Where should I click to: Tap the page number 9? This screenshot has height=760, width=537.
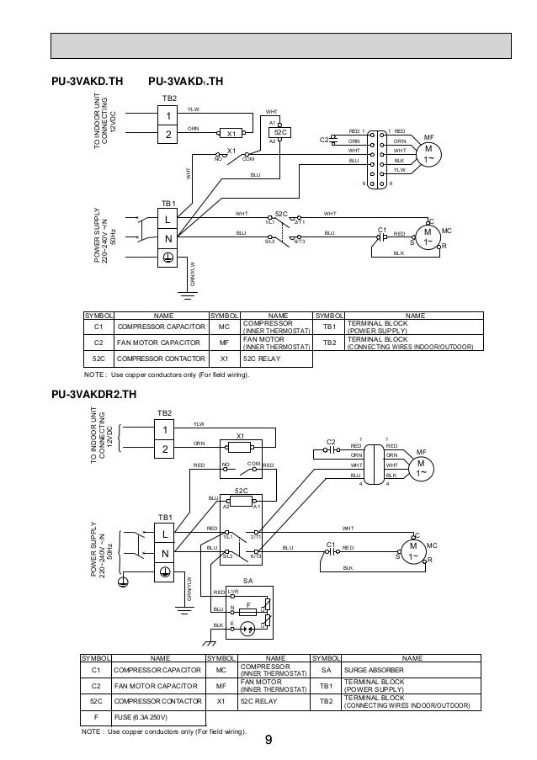click(268, 741)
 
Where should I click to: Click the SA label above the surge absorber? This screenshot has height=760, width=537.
click(247, 581)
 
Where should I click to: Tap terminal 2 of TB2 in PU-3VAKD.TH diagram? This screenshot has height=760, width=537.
click(168, 134)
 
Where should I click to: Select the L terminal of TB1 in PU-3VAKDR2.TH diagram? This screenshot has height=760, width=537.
click(165, 534)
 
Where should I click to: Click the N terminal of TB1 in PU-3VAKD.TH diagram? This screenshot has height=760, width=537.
click(168, 240)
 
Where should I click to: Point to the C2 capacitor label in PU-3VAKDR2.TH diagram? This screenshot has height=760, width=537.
click(331, 441)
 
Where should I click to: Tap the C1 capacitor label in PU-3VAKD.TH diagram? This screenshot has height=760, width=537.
click(381, 229)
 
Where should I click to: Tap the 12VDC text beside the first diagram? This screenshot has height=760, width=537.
click(113, 120)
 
